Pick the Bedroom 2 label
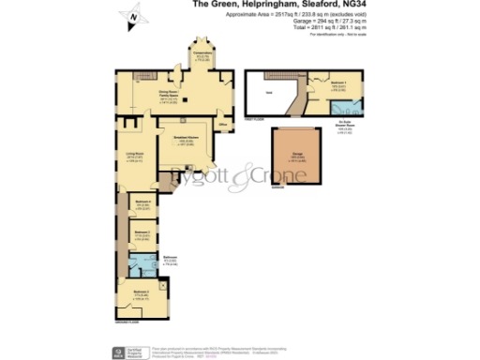141,232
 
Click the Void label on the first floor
268,92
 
